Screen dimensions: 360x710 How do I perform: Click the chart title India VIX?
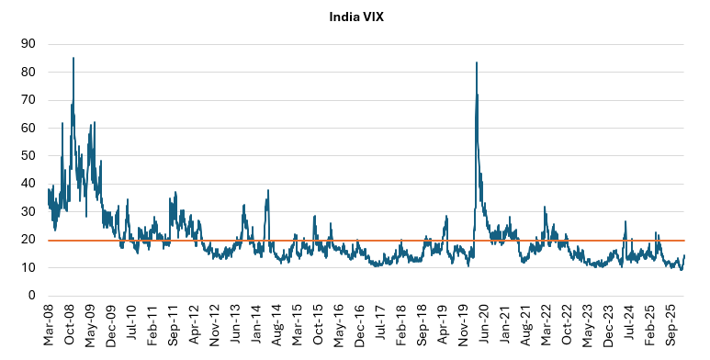[x=355, y=16]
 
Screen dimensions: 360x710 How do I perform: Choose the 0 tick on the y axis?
[x=32, y=296]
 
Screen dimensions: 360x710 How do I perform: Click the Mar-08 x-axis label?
[x=49, y=327]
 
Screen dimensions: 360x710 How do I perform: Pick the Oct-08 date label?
[x=70, y=327]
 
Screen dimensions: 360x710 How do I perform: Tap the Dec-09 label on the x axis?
[x=112, y=327]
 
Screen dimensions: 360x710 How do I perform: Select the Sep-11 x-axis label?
[x=174, y=327]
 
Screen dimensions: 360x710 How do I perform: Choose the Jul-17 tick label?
[x=380, y=327]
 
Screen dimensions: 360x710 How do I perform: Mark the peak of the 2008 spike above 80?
[x=73, y=58]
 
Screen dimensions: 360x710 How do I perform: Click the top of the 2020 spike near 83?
[x=476, y=62]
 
